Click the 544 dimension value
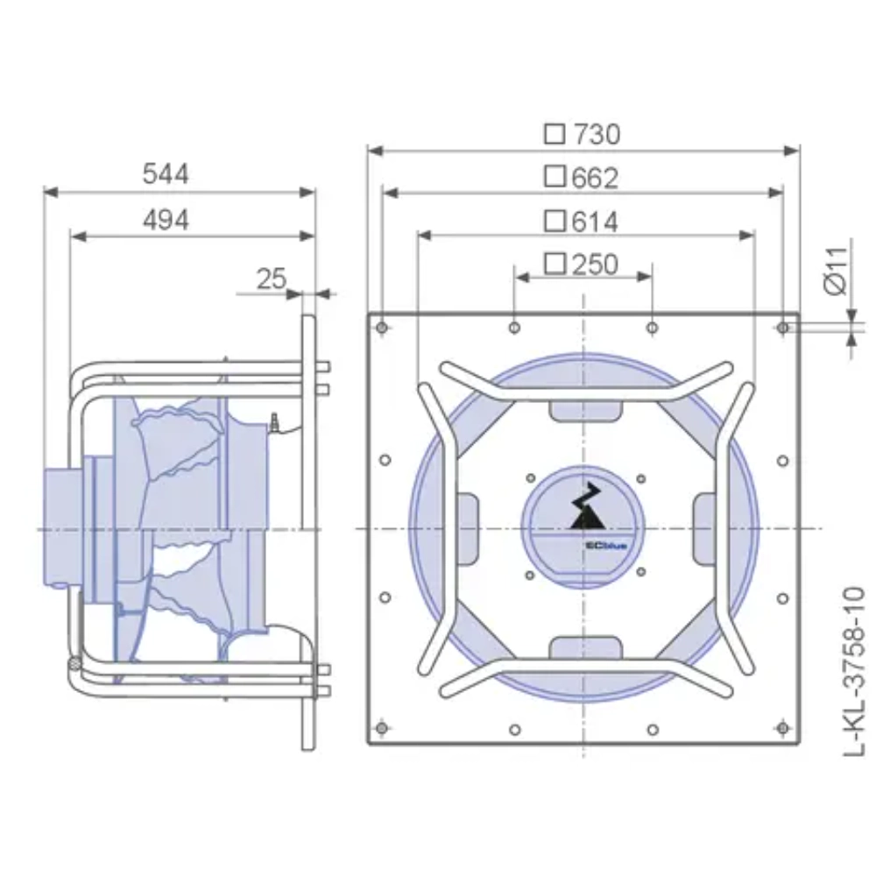166,174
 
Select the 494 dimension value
166,219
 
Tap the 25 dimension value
272,279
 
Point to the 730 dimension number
596,134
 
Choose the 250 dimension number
595,264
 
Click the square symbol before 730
554,134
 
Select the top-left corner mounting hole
381,328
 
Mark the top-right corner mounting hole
783,328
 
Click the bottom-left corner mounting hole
381,729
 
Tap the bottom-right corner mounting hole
783,729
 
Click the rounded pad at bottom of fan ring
584,647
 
